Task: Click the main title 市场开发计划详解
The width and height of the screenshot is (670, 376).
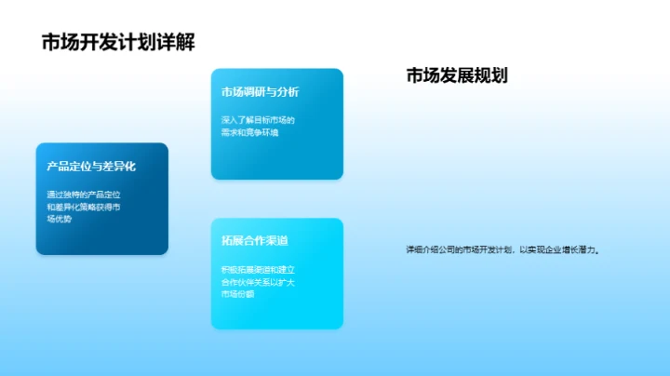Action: click(118, 43)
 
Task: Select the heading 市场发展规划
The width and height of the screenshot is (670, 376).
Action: click(456, 76)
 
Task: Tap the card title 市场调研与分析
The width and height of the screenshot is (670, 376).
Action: click(260, 92)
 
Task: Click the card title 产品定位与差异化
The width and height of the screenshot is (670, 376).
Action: click(91, 167)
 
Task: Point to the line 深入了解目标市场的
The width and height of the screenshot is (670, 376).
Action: click(258, 120)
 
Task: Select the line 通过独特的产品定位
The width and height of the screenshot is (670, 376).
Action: click(84, 195)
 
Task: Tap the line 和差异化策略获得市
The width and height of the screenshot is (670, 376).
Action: click(84, 207)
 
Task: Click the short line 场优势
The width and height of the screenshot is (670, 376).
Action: click(59, 219)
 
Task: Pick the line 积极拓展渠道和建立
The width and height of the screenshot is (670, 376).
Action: click(258, 269)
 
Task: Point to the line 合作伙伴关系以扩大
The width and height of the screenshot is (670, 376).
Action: click(258, 281)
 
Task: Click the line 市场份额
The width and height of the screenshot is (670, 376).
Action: click(238, 293)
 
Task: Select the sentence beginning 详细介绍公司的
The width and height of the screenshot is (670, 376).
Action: click(502, 249)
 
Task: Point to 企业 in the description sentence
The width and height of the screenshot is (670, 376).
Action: click(547, 249)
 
